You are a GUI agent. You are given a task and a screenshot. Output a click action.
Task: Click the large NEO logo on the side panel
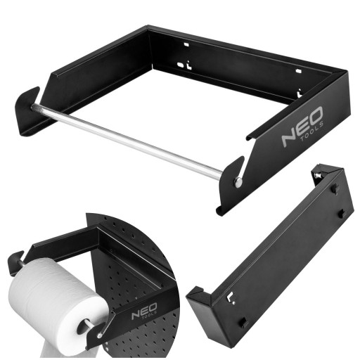click(x=302, y=127)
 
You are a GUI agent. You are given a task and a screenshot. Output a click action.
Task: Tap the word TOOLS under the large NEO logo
click(x=312, y=132)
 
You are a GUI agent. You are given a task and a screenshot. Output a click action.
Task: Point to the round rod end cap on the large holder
click(x=238, y=182)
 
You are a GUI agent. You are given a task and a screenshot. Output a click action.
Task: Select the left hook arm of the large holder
click(x=27, y=111)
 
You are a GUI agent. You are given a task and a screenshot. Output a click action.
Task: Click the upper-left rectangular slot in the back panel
click(x=186, y=44)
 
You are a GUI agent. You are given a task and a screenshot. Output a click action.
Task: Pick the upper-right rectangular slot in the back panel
click(x=298, y=70)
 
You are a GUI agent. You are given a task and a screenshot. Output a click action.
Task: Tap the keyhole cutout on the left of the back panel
click(x=184, y=65)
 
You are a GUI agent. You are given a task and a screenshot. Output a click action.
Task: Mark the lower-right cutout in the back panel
click(x=299, y=93)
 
